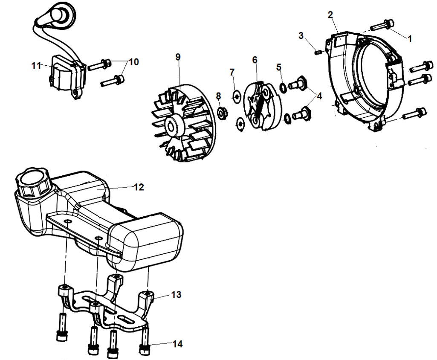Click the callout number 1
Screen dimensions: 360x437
pyautogui.click(x=410, y=38)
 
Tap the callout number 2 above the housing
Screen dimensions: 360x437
pyautogui.click(x=330, y=15)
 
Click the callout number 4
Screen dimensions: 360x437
pyautogui.click(x=319, y=96)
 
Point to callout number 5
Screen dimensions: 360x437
pyautogui.click(x=279, y=67)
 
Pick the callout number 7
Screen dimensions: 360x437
pyautogui.click(x=232, y=72)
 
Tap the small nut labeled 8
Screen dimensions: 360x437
pyautogui.click(x=222, y=113)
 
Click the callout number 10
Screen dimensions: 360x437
pyautogui.click(x=134, y=62)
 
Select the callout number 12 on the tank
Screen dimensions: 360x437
pyautogui.click(x=139, y=187)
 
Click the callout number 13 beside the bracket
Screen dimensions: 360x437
pyautogui.click(x=176, y=294)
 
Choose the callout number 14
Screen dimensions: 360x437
pyautogui.click(x=177, y=343)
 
